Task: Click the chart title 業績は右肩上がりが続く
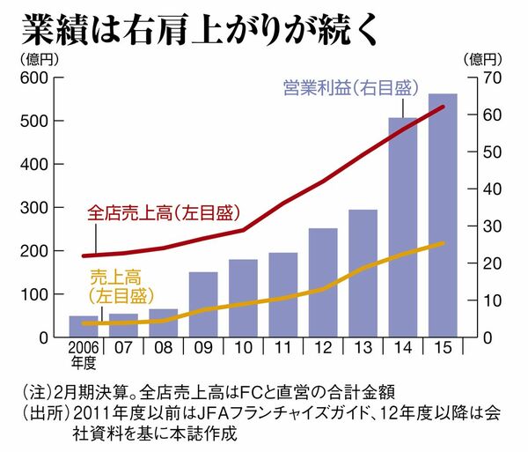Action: click(200, 30)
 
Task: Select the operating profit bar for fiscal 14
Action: click(403, 227)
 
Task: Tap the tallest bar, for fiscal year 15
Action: click(443, 215)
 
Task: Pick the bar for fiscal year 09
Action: click(203, 304)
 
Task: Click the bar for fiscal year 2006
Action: click(84, 326)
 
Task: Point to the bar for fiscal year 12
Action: click(323, 283)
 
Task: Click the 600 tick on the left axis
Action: click(34, 78)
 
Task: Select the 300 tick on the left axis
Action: click(34, 208)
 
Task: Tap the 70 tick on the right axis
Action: click(492, 78)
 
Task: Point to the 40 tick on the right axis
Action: click(492, 189)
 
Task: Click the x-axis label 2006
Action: click(84, 347)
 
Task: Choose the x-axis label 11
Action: click(282, 347)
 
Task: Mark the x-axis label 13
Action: click(363, 347)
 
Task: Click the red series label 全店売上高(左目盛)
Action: click(164, 213)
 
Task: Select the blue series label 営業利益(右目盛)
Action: click(351, 88)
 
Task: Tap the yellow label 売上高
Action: click(115, 278)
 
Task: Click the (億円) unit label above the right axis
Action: click(482, 60)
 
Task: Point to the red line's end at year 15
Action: click(443, 107)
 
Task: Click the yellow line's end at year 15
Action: click(443, 243)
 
